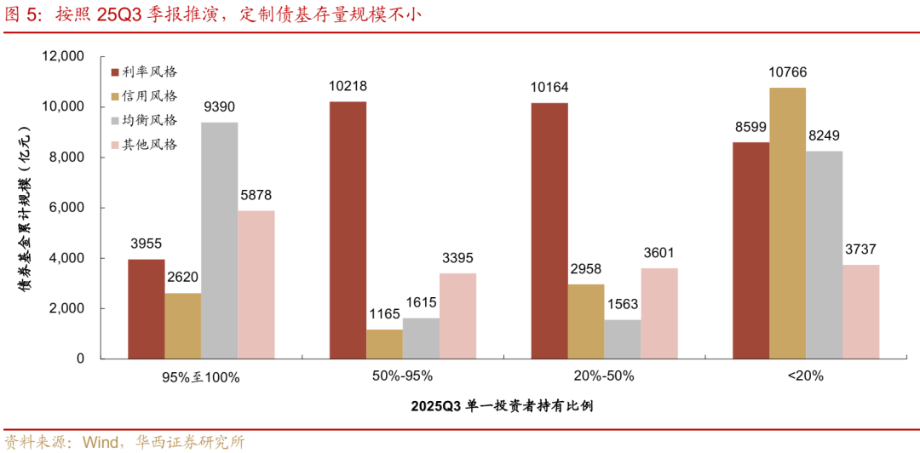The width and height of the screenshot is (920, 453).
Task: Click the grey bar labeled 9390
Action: pyautogui.click(x=220, y=240)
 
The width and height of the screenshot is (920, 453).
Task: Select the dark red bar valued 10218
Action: pyautogui.click(x=348, y=230)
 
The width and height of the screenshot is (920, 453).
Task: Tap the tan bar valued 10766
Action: pyautogui.click(x=787, y=223)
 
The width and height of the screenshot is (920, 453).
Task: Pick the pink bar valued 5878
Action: pyautogui.click(x=256, y=284)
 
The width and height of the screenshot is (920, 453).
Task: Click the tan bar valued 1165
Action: pyautogui.click(x=384, y=344)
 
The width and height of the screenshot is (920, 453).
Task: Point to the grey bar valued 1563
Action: pyautogui.click(x=622, y=339)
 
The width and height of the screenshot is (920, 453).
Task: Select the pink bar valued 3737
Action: pyautogui.click(x=860, y=312)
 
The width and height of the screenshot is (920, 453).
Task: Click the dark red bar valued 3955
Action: pyautogui.click(x=147, y=308)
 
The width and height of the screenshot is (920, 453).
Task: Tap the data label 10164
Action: pyautogui.click(x=549, y=87)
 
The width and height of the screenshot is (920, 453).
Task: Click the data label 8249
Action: pyautogui.click(x=824, y=135)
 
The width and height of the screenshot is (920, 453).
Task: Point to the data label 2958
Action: pyautogui.click(x=585, y=269)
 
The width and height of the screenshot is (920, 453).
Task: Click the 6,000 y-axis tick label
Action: pyautogui.click(x=67, y=208)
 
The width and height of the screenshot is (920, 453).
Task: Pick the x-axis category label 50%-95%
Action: pyautogui.click(x=402, y=376)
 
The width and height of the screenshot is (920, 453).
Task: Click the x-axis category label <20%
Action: pyautogui.click(x=806, y=376)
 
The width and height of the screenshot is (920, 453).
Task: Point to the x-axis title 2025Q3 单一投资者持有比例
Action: pyautogui.click(x=503, y=406)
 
